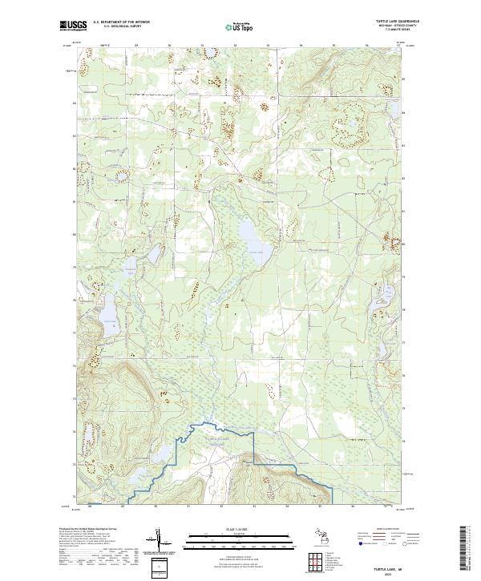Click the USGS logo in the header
tap(74, 25)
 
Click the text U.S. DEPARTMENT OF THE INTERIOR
tap(121, 22)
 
